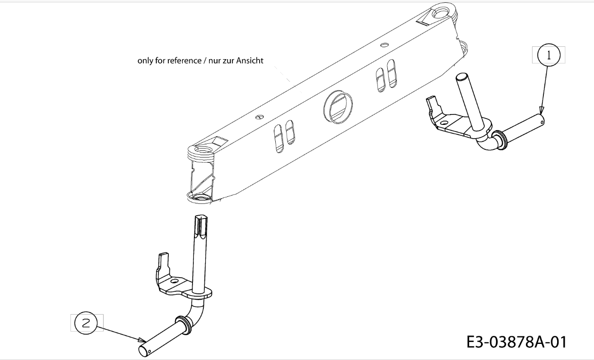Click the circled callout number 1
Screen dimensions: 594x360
coord(549,55)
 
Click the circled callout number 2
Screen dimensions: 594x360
coord(86,323)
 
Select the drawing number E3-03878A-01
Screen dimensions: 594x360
coord(516,342)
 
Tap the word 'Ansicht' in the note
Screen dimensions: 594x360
coord(250,61)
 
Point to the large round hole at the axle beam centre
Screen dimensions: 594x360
coord(338,107)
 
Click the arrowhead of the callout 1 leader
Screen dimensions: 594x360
coord(541,110)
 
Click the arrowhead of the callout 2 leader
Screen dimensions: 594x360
coord(142,340)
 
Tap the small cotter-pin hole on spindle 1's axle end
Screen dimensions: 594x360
coord(542,122)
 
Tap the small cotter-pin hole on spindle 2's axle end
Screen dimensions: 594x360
coord(149,352)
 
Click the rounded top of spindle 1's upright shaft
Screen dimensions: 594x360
coord(461,77)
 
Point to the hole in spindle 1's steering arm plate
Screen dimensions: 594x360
coord(444,123)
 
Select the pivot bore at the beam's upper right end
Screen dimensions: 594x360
coord(442,12)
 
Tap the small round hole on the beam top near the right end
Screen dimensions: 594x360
coord(384,45)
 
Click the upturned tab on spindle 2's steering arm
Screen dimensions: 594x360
coord(164,261)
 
